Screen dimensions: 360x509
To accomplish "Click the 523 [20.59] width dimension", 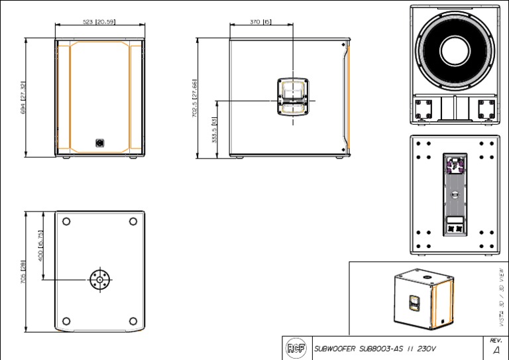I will pyautogui.click(x=99, y=22).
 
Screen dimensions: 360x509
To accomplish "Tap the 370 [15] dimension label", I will pyautogui.click(x=260, y=22).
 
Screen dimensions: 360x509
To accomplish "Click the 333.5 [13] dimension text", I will pyautogui.click(x=214, y=130).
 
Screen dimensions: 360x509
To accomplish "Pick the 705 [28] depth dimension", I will pyautogui.click(x=23, y=273).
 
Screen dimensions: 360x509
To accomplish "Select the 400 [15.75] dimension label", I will pyautogui.click(x=40, y=245).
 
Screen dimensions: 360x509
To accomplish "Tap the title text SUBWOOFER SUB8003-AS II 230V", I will pyautogui.click(x=375, y=348).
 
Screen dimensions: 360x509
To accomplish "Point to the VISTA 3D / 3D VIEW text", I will pyautogui.click(x=500, y=296).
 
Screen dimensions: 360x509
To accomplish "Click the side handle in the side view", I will pyautogui.click(x=292, y=96).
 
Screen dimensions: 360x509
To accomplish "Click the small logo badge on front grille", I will pyautogui.click(x=99, y=143).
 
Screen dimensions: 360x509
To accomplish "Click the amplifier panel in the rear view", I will pyautogui.click(x=455, y=194).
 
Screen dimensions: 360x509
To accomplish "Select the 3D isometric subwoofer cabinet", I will pyautogui.click(x=417, y=300).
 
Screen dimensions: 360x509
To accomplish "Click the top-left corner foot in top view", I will pyautogui.click(x=66, y=221).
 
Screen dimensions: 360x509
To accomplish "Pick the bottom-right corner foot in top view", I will pyautogui.click(x=133, y=322).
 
